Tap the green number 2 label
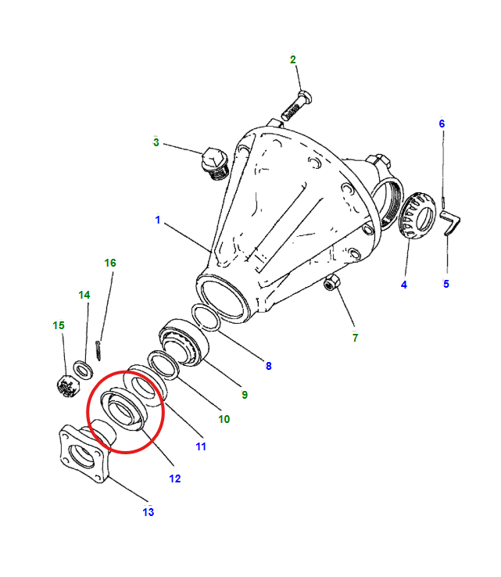pos(293,59)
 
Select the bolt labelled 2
pos(295,105)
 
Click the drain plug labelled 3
pos(213,162)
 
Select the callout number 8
pos(268,365)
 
